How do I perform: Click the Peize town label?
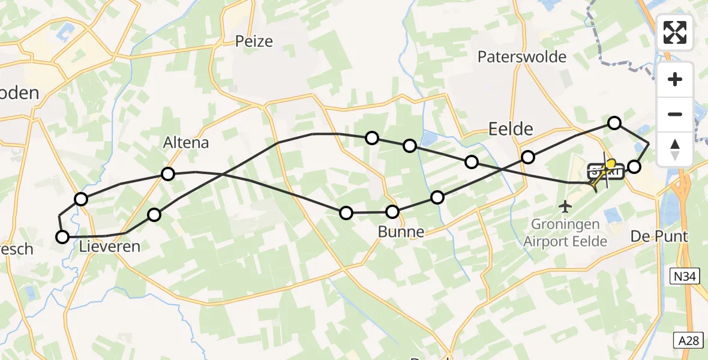[x=254, y=41]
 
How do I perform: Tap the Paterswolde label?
[x=522, y=57]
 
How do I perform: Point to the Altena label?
[x=186, y=143]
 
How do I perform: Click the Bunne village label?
[x=401, y=232]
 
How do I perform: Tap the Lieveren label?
[x=111, y=246]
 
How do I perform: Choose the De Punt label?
[x=658, y=236]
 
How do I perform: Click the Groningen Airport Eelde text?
[x=565, y=233]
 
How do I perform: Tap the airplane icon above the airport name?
[x=565, y=208]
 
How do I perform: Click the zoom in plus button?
[x=675, y=79]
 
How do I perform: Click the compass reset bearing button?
[x=675, y=148]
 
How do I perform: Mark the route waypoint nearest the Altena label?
[x=168, y=174]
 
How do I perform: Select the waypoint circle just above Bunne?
[x=392, y=212]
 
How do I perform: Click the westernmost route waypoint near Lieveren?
[x=62, y=237]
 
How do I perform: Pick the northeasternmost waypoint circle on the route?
[x=614, y=123]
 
